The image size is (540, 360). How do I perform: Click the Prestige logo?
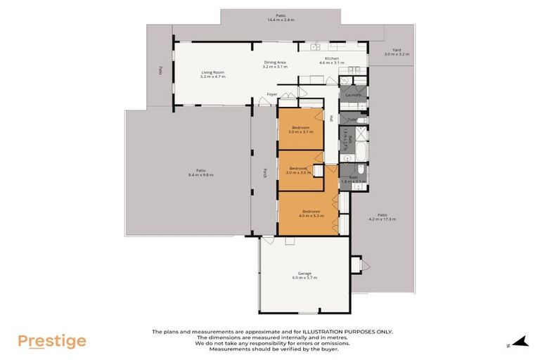[52, 341]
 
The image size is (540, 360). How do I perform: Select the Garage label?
[304, 273]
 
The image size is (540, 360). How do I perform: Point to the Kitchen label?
[331, 58]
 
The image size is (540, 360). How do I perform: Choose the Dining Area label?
[275, 63]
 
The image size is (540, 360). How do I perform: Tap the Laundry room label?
[353, 95]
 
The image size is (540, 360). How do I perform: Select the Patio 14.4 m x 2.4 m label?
[280, 18]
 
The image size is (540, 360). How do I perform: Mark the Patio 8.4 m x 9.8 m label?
[200, 172]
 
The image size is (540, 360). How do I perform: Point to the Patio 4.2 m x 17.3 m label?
[382, 217]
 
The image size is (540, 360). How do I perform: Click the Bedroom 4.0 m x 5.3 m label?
[311, 212]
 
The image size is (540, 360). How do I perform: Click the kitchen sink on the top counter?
[314, 47]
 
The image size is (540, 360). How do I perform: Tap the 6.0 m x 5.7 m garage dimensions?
[304, 278]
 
